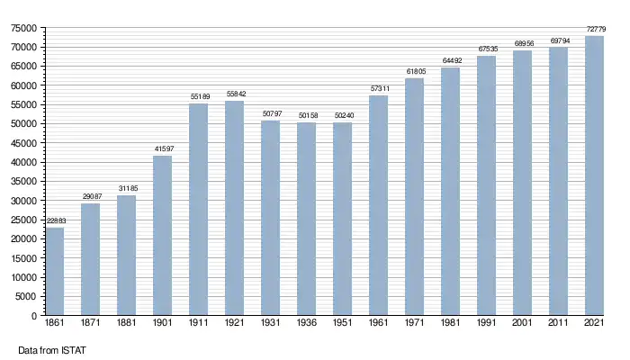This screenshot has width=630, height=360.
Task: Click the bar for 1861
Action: coord(55,272)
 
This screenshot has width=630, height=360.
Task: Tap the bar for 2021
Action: coord(594,176)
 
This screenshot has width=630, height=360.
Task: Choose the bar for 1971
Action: coord(414,197)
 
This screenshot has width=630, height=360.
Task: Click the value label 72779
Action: coord(594,30)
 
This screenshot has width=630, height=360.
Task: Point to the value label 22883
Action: coord(55,221)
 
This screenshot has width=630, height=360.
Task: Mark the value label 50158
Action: coord(306,116)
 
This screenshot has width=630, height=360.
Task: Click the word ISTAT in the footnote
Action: coord(73,348)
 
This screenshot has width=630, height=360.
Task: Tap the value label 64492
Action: coord(450,61)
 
